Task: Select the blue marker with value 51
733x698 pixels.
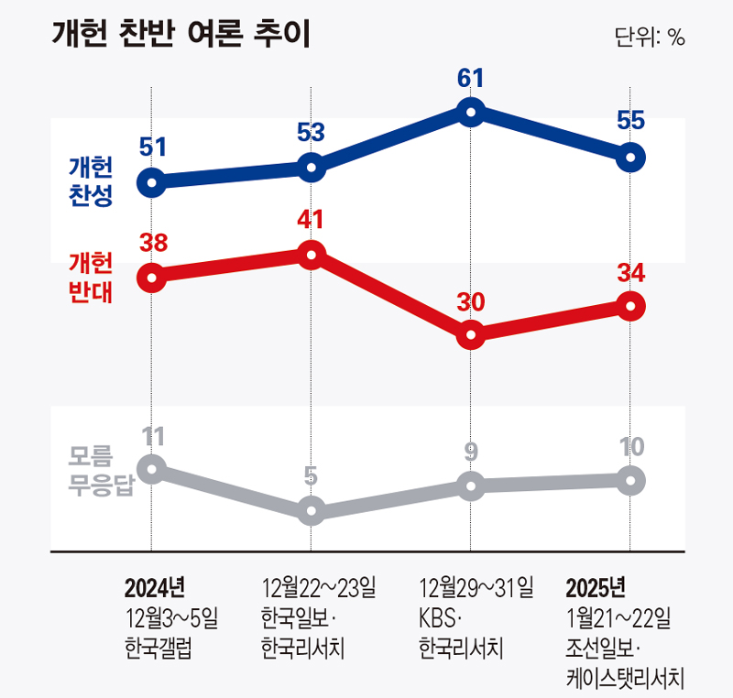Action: point(152,182)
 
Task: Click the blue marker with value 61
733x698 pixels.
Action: point(470,113)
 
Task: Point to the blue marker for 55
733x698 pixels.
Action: point(629,158)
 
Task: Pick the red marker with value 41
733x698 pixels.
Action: point(312,255)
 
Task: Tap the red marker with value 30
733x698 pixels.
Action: point(470,335)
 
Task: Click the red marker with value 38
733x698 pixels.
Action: point(152,277)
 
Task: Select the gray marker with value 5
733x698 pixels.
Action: point(312,510)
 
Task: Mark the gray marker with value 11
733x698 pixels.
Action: point(152,468)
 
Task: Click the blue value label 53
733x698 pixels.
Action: point(312,133)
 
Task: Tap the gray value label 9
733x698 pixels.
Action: point(470,452)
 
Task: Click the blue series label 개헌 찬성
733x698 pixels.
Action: point(91,181)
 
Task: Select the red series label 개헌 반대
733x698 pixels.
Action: point(91,277)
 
